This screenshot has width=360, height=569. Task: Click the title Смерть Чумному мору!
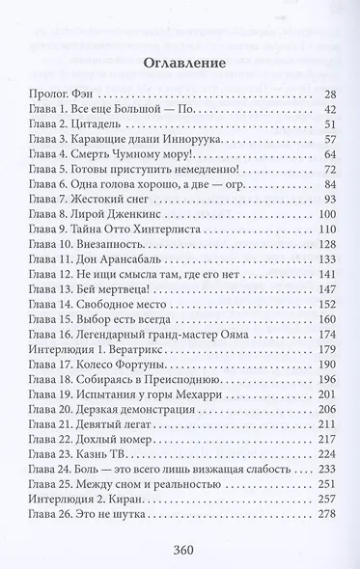(132, 153)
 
